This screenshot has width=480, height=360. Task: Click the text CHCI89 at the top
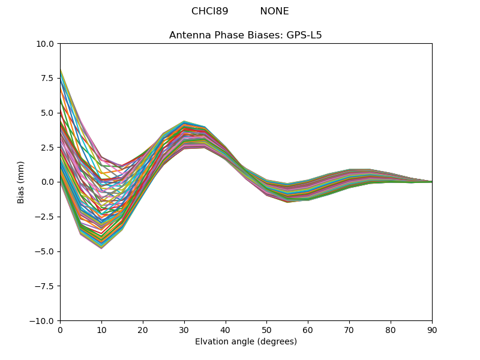[x=209, y=11]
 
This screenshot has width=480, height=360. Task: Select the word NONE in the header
[x=274, y=11]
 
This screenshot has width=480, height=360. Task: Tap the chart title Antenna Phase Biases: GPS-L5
[x=245, y=35]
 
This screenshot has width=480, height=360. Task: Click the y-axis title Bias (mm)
[x=21, y=182]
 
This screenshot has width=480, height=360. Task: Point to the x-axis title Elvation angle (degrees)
[x=245, y=342]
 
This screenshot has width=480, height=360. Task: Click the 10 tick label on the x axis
[x=101, y=330]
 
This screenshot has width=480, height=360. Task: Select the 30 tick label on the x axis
[x=184, y=330]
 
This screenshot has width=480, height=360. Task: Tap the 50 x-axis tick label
[x=266, y=330]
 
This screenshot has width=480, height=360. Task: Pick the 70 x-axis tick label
[x=349, y=330]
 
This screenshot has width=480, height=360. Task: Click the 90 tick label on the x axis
[x=432, y=330]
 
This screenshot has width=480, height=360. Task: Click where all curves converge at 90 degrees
[x=431, y=182]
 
